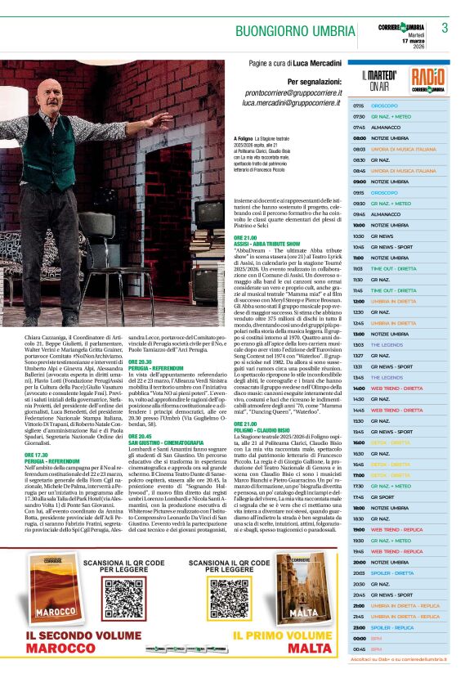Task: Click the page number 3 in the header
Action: [x=445, y=27]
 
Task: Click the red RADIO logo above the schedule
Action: [x=428, y=79]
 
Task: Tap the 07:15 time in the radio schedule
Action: [x=359, y=106]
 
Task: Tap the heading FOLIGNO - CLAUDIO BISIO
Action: [x=262, y=429]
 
